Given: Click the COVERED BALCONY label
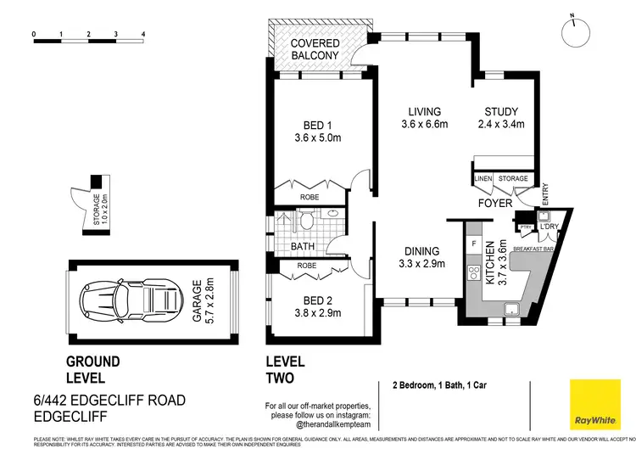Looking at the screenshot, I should click(315, 49).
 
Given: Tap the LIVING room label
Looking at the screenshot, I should click(424, 118).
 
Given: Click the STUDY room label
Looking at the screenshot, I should click(501, 118).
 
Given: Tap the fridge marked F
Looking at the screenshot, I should click(473, 244).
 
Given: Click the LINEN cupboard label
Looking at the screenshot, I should click(483, 179).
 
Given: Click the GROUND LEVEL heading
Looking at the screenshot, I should click(93, 369).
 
